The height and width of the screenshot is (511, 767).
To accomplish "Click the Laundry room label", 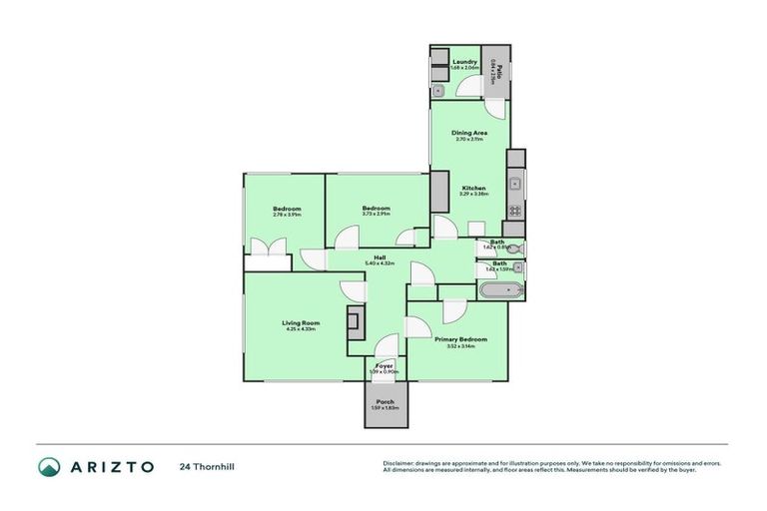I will [464, 62].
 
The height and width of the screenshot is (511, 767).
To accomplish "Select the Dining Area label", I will [468, 133].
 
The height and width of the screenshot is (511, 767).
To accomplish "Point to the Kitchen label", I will [472, 189].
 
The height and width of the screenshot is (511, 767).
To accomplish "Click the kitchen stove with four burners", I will [515, 211].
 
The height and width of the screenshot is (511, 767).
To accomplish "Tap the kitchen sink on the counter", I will [514, 184].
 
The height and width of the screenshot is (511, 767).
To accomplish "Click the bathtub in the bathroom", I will [498, 291].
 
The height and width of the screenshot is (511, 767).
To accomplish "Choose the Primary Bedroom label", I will [460, 339].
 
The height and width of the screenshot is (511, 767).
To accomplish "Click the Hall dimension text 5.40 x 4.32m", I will [381, 263].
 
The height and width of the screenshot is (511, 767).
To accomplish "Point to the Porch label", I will [384, 402].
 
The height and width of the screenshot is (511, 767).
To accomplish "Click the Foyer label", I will [383, 365].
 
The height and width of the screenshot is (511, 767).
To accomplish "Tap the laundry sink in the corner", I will [438, 91].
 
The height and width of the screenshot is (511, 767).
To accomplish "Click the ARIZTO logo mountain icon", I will [49, 466].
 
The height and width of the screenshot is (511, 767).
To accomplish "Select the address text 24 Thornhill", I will [207, 466].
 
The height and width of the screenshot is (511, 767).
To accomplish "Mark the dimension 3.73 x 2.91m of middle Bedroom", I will [376, 214].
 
